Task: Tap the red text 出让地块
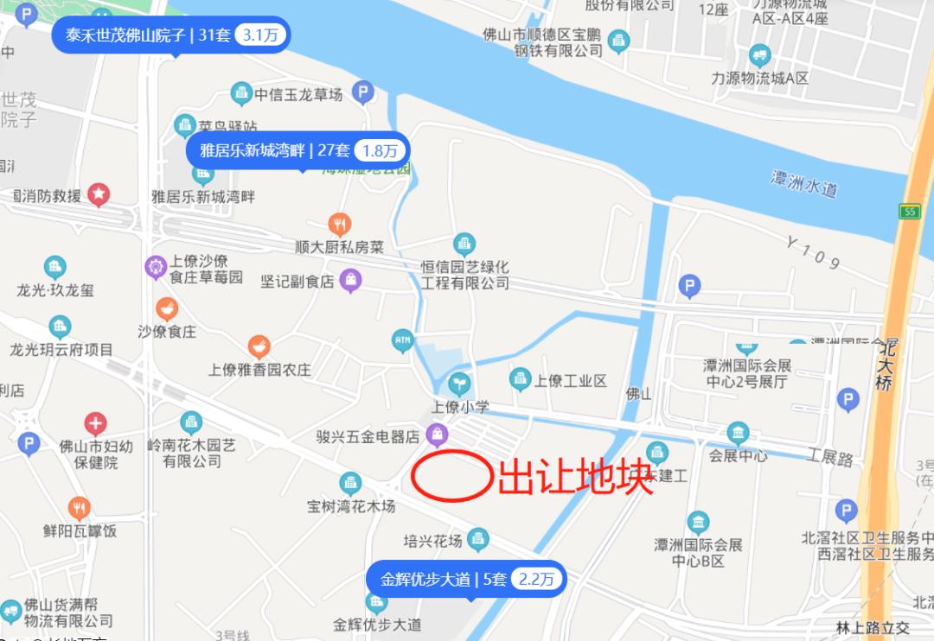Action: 574,476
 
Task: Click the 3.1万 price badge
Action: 260,35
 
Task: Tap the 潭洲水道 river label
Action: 804,183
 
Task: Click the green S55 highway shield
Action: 909,212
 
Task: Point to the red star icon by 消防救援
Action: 99,194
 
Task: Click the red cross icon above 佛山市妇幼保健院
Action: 96,423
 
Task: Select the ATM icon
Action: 402,340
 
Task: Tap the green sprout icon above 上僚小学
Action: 460,382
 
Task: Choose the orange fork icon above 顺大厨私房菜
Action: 340,225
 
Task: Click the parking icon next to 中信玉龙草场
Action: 363,92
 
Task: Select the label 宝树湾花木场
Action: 351,505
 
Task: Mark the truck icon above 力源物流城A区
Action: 760,56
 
